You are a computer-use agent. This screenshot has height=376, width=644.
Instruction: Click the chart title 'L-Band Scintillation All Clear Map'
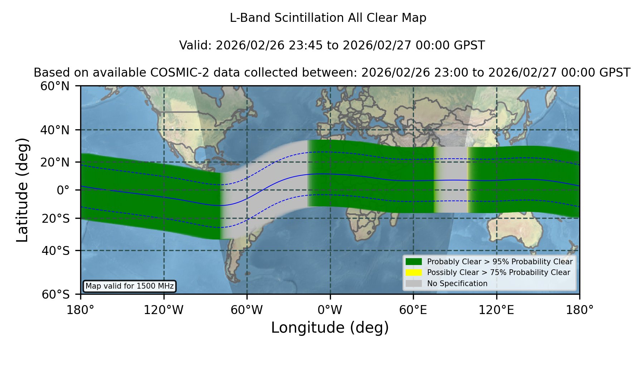point(328,18)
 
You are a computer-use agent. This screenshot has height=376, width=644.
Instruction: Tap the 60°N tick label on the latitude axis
point(55,86)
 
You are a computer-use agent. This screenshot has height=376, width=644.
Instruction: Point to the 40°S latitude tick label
point(55,251)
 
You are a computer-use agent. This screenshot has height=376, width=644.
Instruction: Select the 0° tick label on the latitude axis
point(63,190)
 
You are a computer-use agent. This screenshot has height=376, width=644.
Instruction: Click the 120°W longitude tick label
point(164,310)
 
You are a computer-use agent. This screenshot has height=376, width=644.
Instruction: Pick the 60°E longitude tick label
point(413,310)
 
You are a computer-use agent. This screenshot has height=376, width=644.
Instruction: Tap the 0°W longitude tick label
point(330,310)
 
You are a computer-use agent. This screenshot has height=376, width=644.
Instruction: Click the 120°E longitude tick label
point(496,310)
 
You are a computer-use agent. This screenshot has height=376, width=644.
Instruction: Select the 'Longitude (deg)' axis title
point(330,328)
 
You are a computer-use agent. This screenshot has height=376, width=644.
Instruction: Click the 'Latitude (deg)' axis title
point(22,190)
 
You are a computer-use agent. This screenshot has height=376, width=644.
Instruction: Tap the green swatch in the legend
point(414,261)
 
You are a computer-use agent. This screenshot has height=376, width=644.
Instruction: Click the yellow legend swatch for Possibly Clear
point(414,273)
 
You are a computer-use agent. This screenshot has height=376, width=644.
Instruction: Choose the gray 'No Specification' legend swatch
point(414,284)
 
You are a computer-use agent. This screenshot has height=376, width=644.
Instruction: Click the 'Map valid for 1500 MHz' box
point(130,286)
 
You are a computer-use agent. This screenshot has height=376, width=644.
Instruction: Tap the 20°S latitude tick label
point(55,218)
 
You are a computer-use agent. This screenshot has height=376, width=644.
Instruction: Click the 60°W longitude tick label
point(247,310)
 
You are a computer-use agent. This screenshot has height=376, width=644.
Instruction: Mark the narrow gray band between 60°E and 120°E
point(451,179)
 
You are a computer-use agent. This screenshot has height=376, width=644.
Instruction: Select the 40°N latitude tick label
point(55,130)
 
